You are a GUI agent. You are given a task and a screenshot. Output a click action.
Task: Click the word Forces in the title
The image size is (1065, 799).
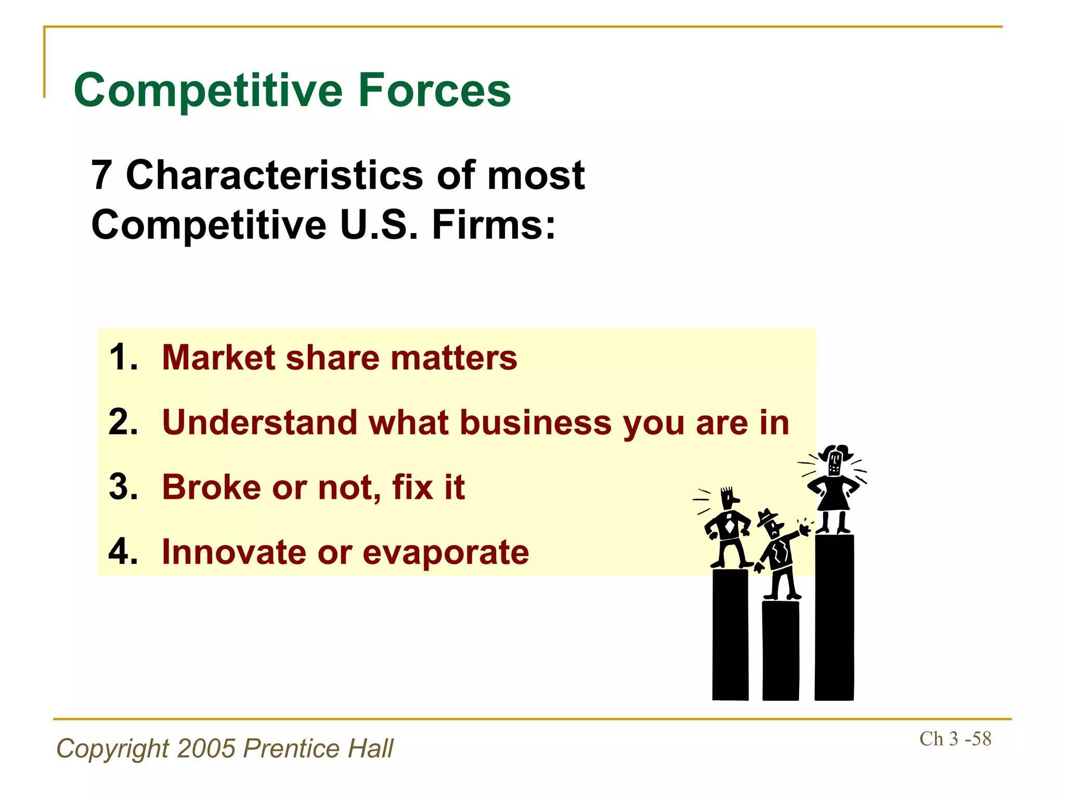point(434,91)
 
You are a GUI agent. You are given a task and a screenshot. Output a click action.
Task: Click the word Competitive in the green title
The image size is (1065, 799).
point(208,92)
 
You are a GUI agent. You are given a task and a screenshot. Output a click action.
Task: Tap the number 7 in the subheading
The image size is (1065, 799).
point(101,175)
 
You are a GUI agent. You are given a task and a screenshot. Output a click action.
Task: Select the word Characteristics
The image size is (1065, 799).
point(274,175)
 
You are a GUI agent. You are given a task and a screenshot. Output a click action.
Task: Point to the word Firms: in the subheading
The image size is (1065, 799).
point(493,225)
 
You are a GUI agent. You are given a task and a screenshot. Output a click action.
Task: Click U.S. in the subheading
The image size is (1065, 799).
point(379,225)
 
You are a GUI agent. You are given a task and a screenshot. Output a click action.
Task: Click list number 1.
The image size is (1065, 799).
point(123,357)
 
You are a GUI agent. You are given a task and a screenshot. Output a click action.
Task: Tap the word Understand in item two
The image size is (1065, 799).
point(259,422)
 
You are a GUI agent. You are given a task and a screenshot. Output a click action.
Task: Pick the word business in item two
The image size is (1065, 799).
point(536,422)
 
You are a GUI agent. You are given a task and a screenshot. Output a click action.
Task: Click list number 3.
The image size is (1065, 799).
point(123,487)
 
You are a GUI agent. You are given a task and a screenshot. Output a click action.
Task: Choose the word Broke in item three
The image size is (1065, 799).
point(212,487)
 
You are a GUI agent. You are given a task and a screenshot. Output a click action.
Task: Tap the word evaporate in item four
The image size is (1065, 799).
point(446,552)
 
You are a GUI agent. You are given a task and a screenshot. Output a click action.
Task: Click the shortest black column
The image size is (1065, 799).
point(780,650)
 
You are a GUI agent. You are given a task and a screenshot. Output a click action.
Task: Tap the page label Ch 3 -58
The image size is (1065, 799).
point(955,739)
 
